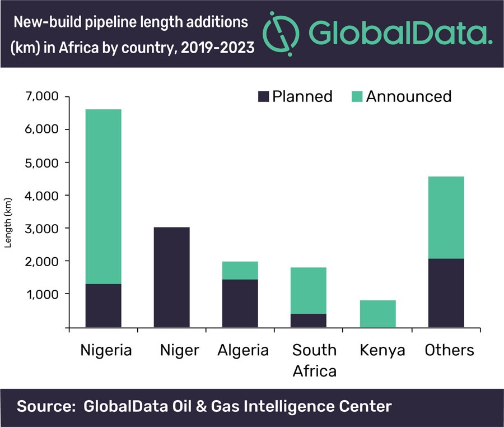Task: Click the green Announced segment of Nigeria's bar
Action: [103, 196]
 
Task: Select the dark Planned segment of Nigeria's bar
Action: [103, 305]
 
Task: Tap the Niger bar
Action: [171, 277]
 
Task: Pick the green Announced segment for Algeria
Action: [240, 270]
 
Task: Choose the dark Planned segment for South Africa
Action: [308, 320]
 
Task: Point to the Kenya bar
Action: [377, 313]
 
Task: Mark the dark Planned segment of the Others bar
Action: [446, 293]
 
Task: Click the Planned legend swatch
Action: [263, 96]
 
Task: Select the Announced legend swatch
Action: [357, 96]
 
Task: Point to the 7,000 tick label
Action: [41, 96]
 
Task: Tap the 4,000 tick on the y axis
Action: [41, 196]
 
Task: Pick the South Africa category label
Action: [314, 360]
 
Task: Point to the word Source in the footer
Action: [43, 406]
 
